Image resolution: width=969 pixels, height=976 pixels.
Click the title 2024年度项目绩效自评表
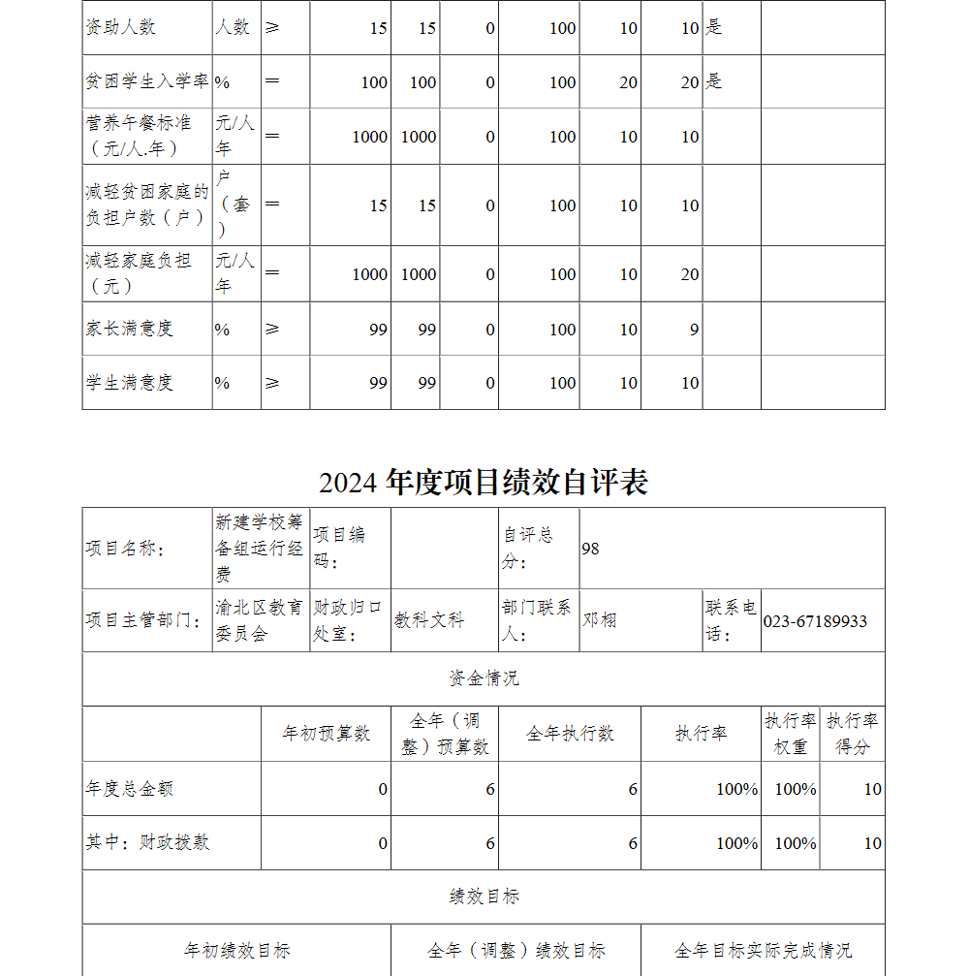(484, 482)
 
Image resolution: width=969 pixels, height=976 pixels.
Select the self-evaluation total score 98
(590, 549)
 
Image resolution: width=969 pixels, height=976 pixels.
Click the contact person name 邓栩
(599, 620)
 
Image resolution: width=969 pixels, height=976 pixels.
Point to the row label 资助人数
(120, 27)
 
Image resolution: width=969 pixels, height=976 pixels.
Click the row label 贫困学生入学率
(147, 81)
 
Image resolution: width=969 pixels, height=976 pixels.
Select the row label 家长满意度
(129, 329)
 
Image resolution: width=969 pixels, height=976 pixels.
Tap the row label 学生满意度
(129, 383)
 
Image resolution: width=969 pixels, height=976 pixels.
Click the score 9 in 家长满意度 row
(694, 330)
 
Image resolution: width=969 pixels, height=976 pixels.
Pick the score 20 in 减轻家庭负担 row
(689, 274)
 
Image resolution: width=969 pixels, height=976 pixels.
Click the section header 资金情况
(484, 678)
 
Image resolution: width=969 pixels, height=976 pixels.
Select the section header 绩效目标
(484, 897)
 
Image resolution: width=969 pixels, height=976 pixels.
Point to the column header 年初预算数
(326, 734)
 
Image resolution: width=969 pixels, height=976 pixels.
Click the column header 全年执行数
(570, 734)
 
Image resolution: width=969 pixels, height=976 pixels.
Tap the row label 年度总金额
(129, 789)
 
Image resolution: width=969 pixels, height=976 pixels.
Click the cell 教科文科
(428, 620)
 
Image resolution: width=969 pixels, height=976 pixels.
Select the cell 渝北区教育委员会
(259, 620)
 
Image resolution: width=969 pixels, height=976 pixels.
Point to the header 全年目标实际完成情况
(763, 951)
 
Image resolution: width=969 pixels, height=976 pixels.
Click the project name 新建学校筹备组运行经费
(260, 548)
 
